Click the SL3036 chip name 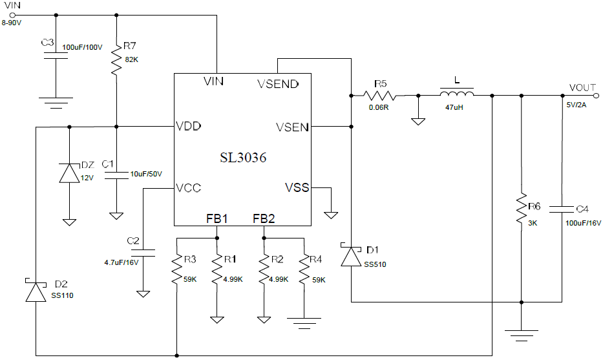pos(242,157)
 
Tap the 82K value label pos(132,59)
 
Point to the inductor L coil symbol pos(456,94)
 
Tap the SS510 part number pos(374,264)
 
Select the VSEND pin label pos(278,83)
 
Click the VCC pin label pos(189,188)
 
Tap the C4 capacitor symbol pos(562,209)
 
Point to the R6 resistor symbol pos(520,209)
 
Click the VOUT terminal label pos(583,87)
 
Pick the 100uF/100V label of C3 pos(83,47)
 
